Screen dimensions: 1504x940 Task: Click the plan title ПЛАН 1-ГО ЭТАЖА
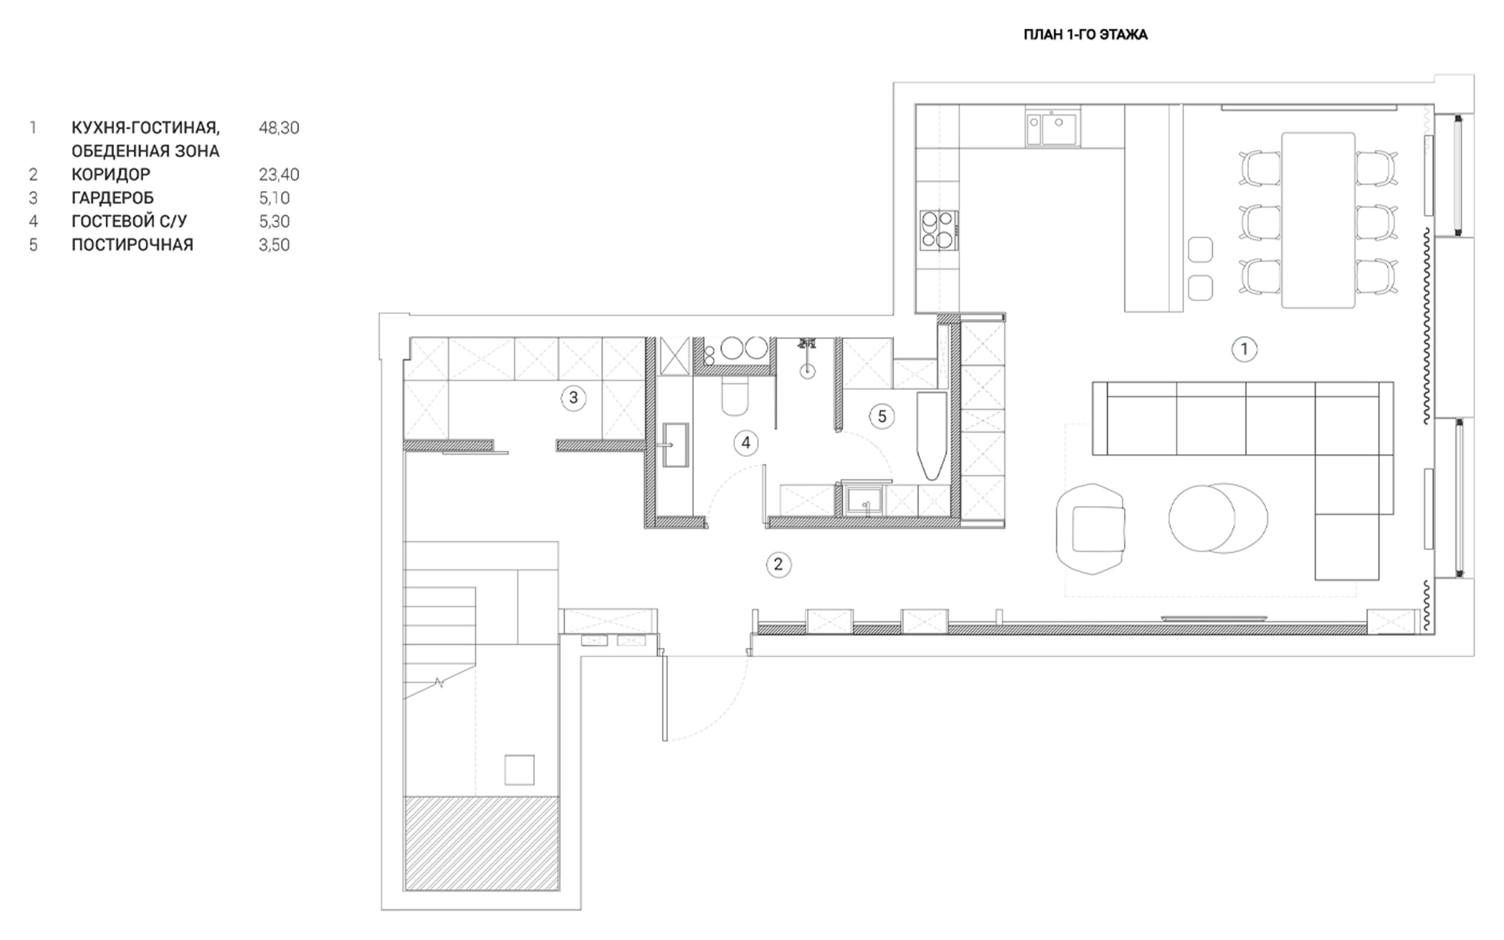coord(1085,35)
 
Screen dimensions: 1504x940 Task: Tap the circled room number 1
coord(1244,350)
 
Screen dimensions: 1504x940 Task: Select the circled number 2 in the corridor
coord(778,565)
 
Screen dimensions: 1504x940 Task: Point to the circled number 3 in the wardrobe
coord(573,398)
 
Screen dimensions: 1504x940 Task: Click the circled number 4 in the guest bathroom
coord(746,443)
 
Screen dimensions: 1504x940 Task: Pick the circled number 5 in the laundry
coord(882,416)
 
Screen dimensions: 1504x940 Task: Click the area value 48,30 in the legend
coord(279,128)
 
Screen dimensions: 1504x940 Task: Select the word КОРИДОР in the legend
coord(111,174)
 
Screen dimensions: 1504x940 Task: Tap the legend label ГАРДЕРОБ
coord(112,199)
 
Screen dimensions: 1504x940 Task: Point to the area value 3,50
coord(274,245)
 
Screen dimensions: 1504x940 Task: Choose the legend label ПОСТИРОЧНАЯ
coord(132,245)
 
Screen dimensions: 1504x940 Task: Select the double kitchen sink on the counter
coord(1053,129)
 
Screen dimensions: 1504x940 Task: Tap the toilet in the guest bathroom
coord(734,397)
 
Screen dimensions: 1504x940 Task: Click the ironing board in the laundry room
coord(932,435)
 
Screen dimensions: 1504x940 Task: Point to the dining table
coord(1318,220)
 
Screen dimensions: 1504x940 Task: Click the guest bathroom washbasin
coord(676,445)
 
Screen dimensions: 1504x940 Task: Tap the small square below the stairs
coord(519,770)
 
